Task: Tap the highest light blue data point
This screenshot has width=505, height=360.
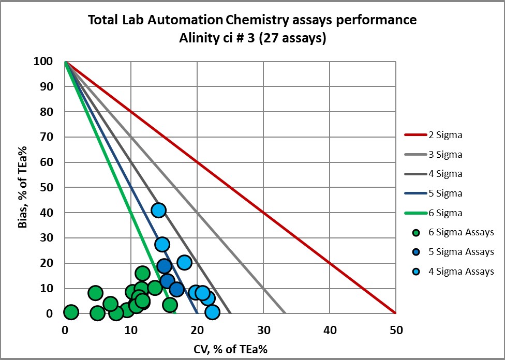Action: coord(158,210)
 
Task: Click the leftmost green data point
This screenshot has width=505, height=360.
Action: coord(71,312)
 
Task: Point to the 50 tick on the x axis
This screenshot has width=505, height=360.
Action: coord(395,329)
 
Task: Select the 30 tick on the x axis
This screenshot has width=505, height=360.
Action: coord(263,329)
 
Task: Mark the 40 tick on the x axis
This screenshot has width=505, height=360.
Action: coord(330,329)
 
